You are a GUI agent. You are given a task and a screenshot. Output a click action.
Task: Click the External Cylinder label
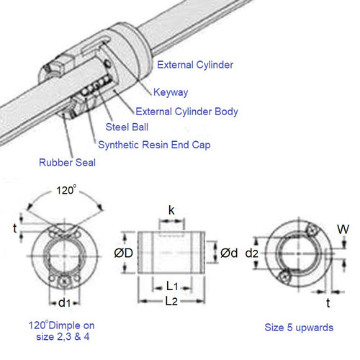pos(194,64)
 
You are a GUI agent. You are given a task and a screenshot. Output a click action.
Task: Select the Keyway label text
pos(171,91)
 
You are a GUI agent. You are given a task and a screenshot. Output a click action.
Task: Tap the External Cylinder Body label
pos(186,112)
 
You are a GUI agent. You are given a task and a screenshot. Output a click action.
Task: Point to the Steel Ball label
pos(128,127)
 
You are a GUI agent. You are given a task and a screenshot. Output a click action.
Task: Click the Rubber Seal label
pos(67,162)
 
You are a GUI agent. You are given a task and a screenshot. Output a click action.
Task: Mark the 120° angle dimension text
pos(65,192)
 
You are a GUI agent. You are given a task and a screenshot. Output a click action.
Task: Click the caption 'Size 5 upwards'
pos(300,327)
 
